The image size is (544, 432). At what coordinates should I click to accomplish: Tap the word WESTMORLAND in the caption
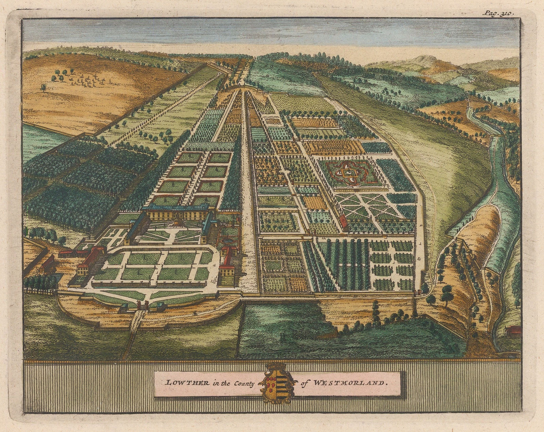point(349,382)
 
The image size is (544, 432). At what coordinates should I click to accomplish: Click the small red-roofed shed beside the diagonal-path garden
point(344,221)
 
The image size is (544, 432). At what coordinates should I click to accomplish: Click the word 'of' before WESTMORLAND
point(304,383)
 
